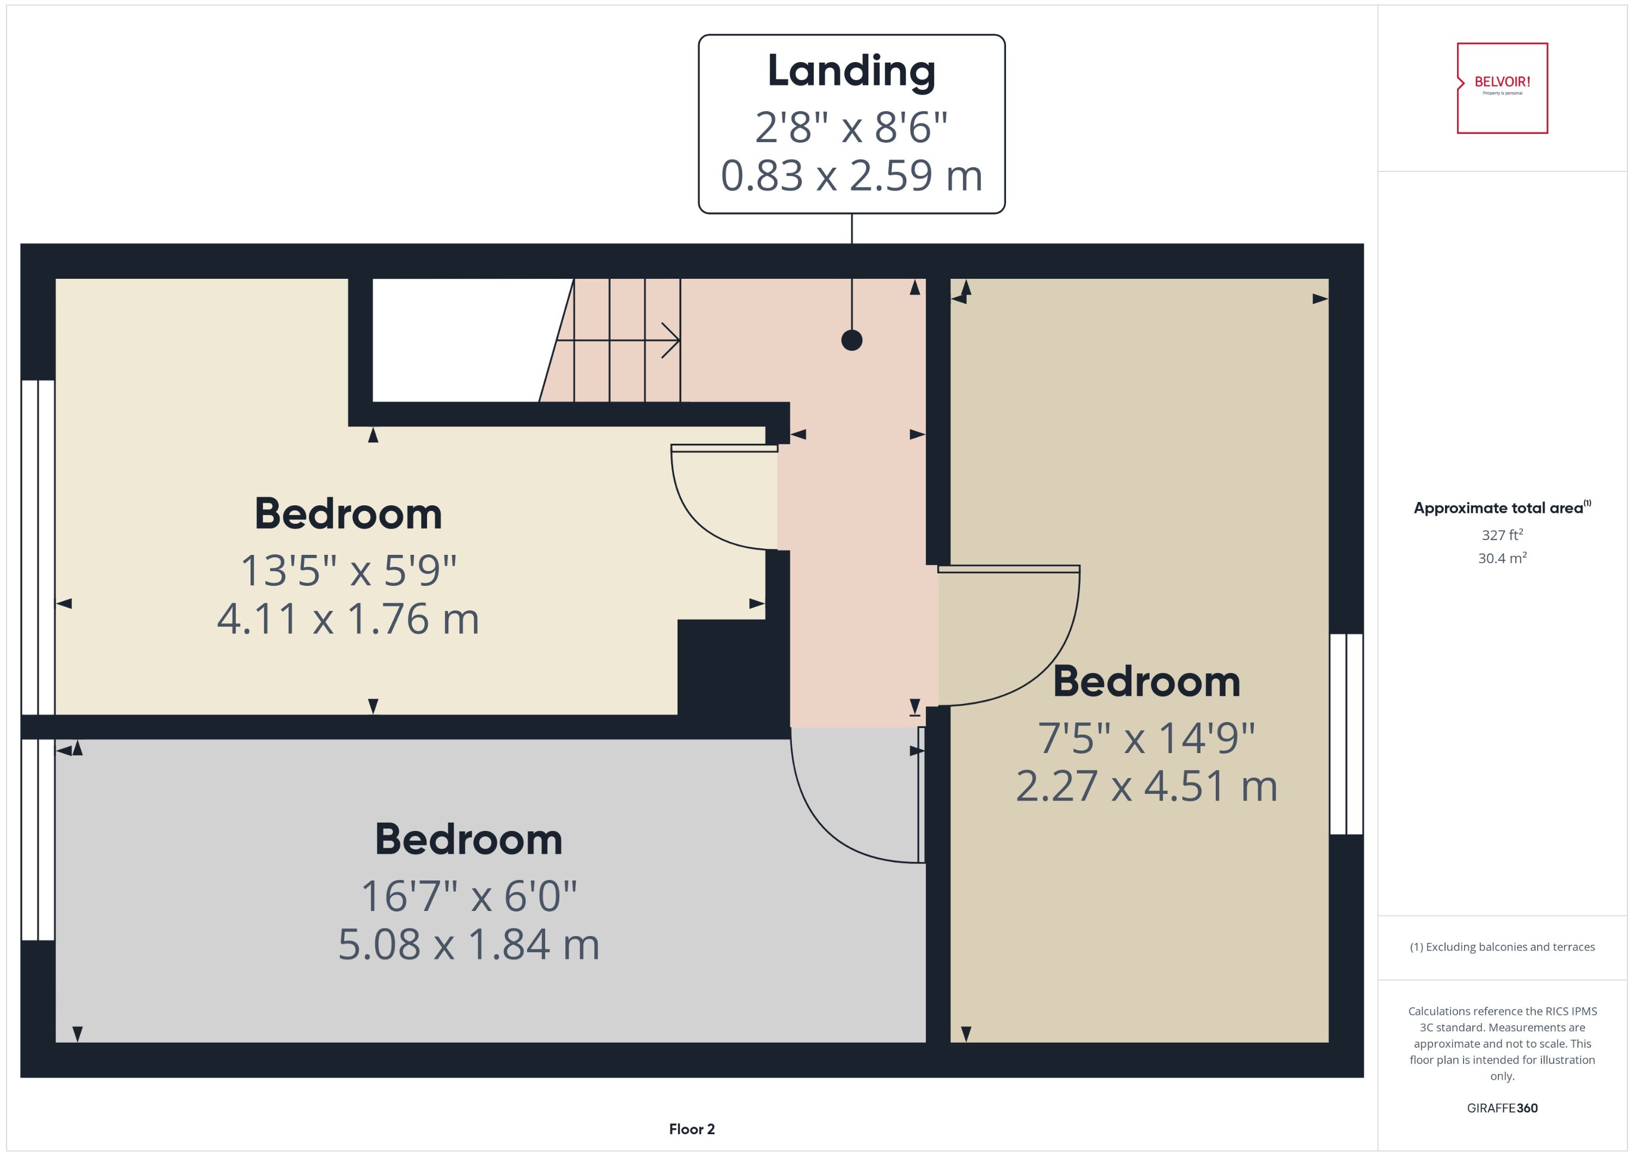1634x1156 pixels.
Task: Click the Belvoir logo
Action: point(1502,88)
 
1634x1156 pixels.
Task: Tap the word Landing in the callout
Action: point(851,71)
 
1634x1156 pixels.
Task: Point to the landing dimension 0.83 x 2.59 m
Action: point(851,176)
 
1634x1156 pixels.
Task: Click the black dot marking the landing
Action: point(851,340)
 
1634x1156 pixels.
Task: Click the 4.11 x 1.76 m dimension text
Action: point(347,619)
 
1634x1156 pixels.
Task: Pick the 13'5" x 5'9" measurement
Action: point(347,571)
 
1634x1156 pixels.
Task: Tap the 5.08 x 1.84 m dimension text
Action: point(468,945)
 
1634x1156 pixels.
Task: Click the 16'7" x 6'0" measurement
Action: point(468,896)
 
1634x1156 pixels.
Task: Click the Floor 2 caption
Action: point(691,1129)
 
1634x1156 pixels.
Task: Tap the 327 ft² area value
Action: point(1502,535)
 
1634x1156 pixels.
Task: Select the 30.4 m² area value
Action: point(1502,558)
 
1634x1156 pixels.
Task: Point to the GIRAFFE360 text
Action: point(1502,1108)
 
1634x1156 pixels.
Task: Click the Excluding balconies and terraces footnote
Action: point(1502,947)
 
